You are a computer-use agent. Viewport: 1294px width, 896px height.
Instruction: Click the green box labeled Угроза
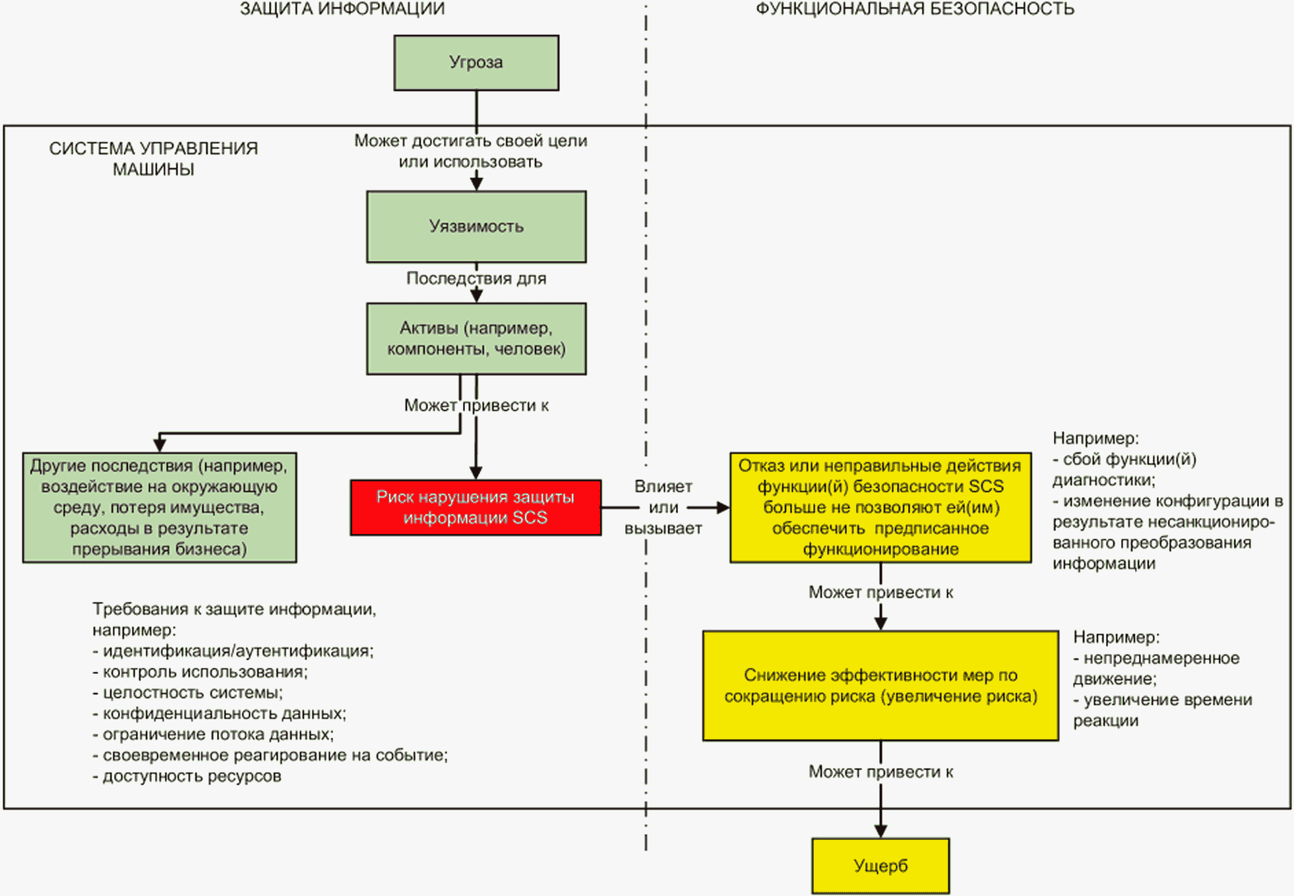pos(476,63)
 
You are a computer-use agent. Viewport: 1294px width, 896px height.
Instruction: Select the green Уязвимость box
pos(476,227)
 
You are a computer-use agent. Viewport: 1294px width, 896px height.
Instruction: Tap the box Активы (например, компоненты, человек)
pos(476,339)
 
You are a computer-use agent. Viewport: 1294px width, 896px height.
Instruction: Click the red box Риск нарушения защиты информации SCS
pos(476,508)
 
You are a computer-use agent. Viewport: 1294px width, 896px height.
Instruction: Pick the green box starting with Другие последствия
pos(160,508)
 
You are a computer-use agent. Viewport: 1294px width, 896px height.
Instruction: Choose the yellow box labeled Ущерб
pos(880,866)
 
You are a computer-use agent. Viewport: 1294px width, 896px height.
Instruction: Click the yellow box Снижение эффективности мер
pos(880,686)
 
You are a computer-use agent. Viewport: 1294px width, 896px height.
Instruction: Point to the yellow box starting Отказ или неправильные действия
pos(880,508)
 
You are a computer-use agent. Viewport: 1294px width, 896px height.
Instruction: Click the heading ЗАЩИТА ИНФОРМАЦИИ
pos(342,9)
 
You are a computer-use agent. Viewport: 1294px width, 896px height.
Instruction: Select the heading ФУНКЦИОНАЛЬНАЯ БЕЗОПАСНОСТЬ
pos(915,9)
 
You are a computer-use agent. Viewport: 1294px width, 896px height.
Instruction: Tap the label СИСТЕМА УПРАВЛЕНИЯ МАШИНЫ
pos(154,159)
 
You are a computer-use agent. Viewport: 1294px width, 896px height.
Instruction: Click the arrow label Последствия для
pos(476,279)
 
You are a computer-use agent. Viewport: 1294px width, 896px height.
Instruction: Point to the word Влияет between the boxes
pos(663,487)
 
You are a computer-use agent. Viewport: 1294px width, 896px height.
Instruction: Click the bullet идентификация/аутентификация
pos(237,651)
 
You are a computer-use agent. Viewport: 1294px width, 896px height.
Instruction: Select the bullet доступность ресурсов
pos(191,777)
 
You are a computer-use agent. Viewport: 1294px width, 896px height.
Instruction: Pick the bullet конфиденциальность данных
pos(224,714)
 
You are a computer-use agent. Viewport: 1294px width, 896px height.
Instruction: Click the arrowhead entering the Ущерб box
pos(880,831)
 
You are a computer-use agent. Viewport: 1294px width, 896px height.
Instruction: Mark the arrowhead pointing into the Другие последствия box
pos(160,445)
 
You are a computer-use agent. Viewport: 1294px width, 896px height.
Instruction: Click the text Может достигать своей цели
pos(470,141)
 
